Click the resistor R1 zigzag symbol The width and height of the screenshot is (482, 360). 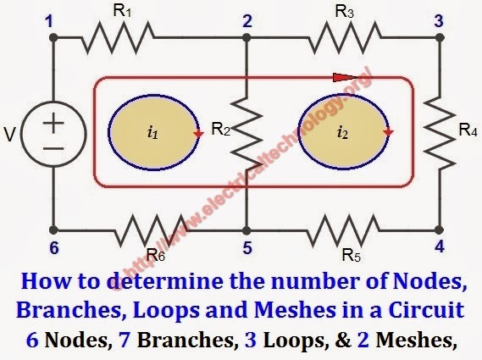pyautogui.click(x=118, y=38)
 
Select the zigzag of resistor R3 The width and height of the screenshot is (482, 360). pyautogui.click(x=345, y=38)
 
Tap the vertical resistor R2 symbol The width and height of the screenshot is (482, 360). pyautogui.click(x=247, y=131)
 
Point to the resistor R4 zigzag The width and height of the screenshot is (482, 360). pyautogui.click(x=440, y=133)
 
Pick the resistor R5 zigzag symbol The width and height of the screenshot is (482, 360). pyautogui.click(x=343, y=230)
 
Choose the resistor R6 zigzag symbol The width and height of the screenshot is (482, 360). pyautogui.click(x=152, y=230)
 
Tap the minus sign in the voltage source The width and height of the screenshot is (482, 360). pyautogui.click(x=53, y=149)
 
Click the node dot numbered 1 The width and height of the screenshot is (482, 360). pyautogui.click(x=53, y=38)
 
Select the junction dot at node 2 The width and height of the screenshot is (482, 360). pyautogui.click(x=247, y=38)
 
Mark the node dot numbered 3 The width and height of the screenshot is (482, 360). pyautogui.click(x=440, y=38)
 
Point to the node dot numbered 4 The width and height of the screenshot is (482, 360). pyautogui.click(x=440, y=230)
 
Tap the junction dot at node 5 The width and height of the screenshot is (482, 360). pyautogui.click(x=247, y=230)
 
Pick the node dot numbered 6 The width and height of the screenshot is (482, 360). pyautogui.click(x=53, y=230)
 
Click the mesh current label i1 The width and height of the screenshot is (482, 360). pyautogui.click(x=152, y=133)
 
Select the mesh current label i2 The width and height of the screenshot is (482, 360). pyautogui.click(x=342, y=133)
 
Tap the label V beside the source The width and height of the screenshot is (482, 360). pyautogui.click(x=10, y=135)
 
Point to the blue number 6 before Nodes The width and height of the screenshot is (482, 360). pyautogui.click(x=32, y=340)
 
